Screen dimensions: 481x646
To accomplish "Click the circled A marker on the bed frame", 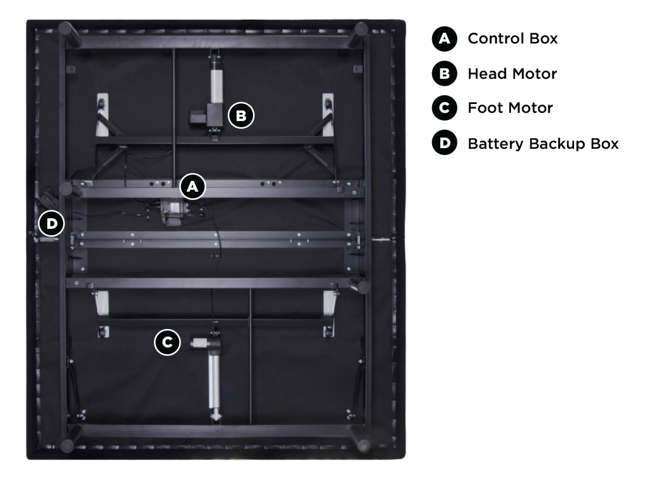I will coord(192,186).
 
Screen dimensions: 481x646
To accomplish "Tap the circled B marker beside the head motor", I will coord(241,115).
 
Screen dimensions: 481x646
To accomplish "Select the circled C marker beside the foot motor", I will coord(167,343).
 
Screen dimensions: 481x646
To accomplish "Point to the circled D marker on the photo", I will coord(51,224).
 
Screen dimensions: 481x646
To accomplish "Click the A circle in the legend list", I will coord(444,38).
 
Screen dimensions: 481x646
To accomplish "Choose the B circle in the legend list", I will coord(444,74).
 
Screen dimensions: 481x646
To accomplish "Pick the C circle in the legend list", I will coord(444,108).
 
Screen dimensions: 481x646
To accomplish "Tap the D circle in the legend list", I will coord(444,143).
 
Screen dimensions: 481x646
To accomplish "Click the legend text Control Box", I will coord(512,38).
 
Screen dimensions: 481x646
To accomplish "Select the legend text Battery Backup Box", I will coord(543,144).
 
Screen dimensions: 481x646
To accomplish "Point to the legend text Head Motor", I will coord(512,74).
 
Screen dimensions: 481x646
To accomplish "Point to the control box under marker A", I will coord(171,210).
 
